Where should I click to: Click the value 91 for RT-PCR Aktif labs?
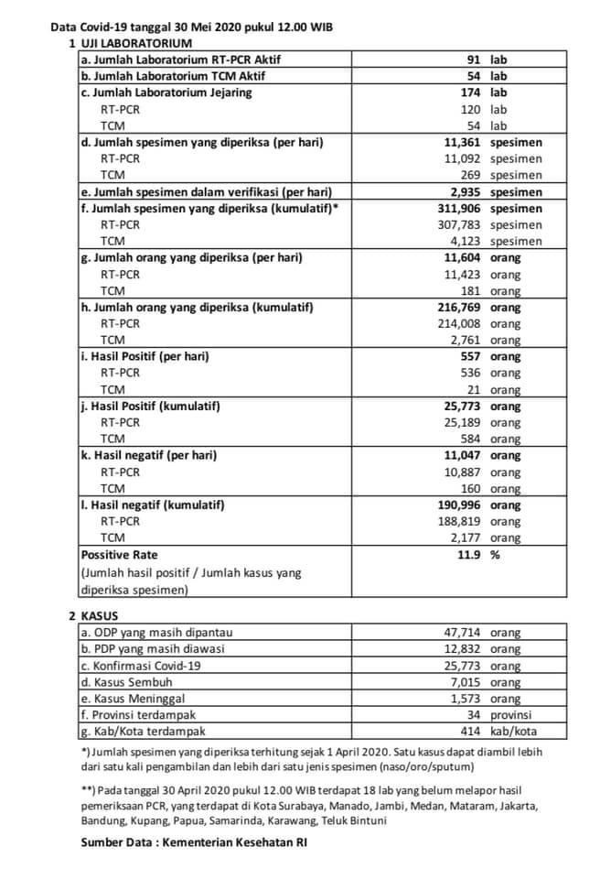tap(472, 60)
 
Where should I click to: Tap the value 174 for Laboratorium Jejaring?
tap(468, 92)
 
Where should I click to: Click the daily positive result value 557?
tap(468, 356)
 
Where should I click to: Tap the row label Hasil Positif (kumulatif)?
tap(151, 406)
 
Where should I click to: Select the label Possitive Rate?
tap(120, 555)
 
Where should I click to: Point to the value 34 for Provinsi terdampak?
tap(474, 715)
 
